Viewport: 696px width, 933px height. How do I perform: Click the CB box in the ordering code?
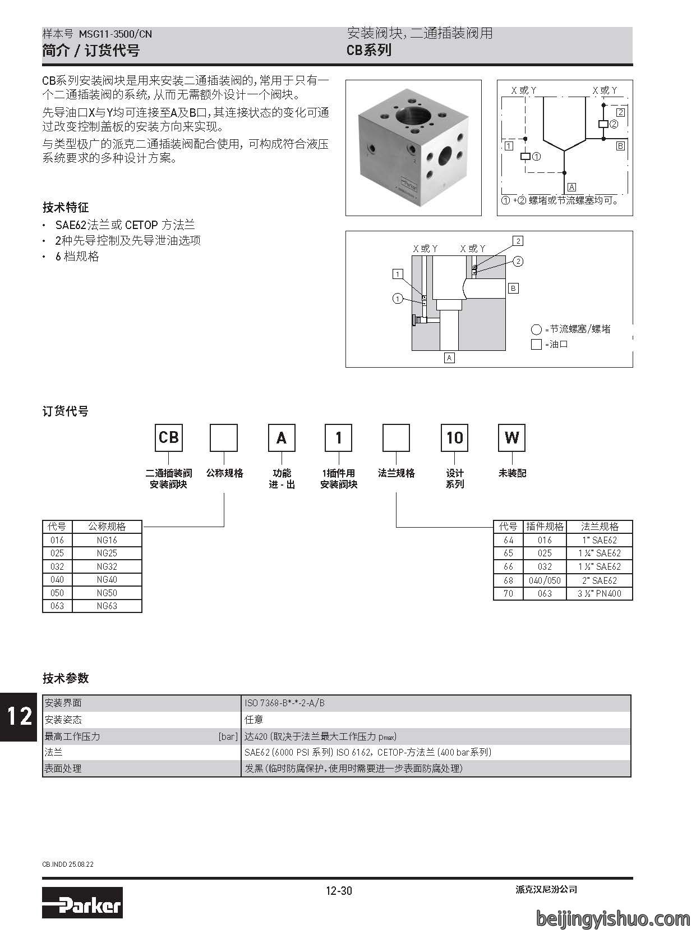point(169,437)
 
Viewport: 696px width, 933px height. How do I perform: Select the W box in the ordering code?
point(511,437)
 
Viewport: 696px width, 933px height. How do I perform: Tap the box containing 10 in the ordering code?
point(454,437)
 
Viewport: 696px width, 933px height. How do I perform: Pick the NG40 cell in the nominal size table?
point(107,579)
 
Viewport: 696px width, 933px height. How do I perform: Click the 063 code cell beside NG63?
point(57,606)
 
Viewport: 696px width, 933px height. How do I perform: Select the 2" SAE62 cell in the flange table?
point(599,580)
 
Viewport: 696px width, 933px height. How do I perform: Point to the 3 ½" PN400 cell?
point(599,593)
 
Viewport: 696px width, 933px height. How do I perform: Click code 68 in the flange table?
point(508,580)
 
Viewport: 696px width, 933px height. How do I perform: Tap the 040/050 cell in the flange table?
point(545,580)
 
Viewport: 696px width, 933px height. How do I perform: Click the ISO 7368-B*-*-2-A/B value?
point(284,703)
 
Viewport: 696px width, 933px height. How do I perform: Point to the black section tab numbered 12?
point(19,716)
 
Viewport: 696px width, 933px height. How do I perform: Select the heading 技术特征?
point(66,208)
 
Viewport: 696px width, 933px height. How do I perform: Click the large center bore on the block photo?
point(410,116)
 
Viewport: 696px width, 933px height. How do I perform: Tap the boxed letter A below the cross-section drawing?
point(449,358)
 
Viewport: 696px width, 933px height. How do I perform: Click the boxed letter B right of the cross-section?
point(513,288)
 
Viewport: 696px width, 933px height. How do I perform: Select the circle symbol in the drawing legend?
point(536,330)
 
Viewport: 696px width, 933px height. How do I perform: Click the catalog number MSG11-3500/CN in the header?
point(115,34)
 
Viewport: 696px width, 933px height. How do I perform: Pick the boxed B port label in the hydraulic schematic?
point(620,146)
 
